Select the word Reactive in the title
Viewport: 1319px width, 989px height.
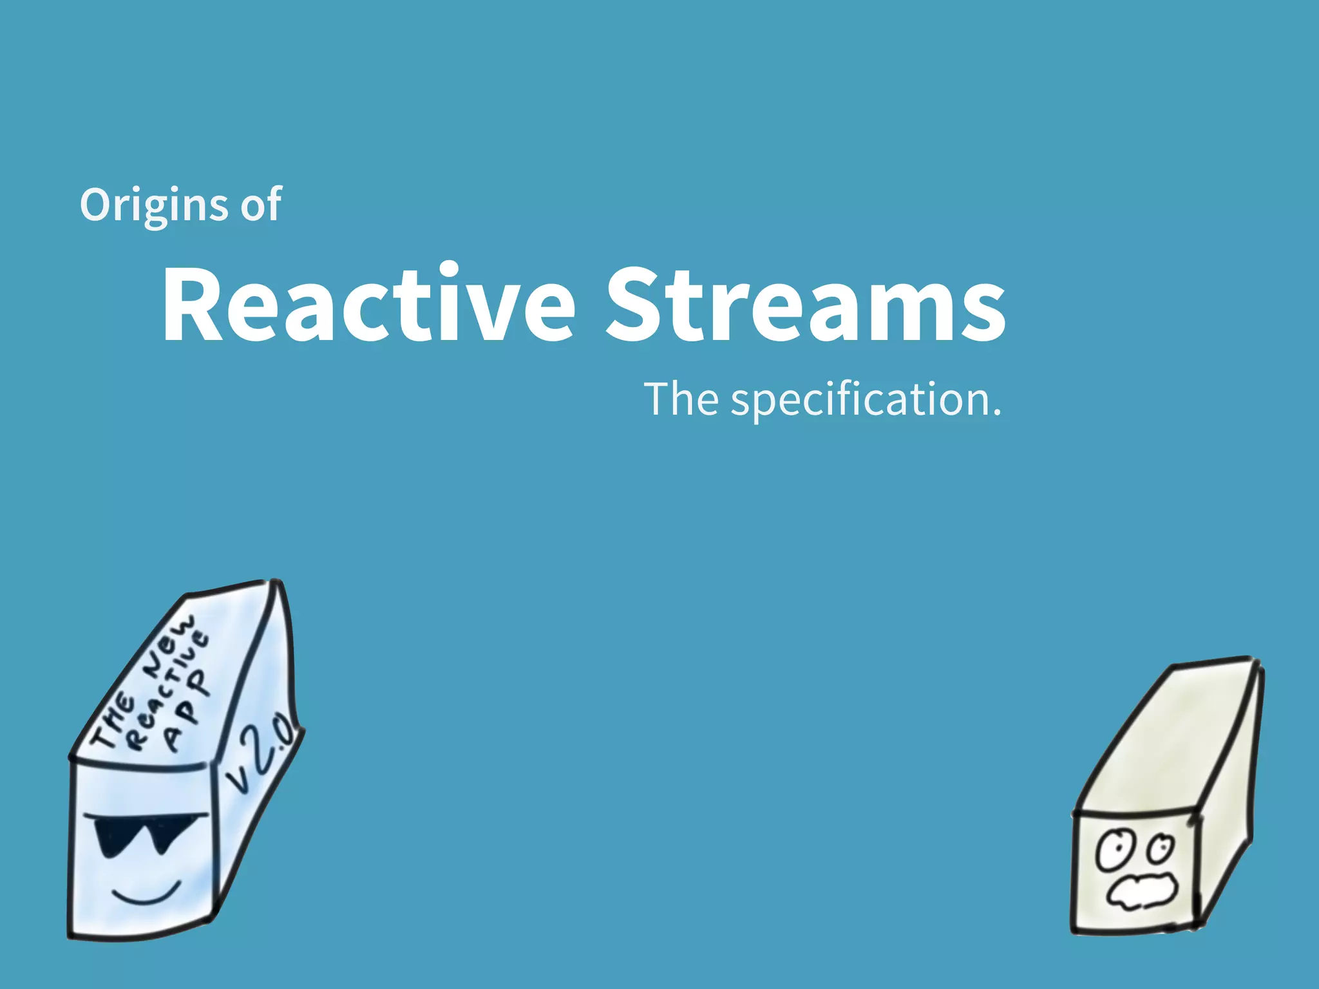(367, 303)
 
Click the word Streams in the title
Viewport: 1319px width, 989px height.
(805, 303)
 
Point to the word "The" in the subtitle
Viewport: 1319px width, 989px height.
(681, 399)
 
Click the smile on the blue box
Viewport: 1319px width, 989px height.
(147, 895)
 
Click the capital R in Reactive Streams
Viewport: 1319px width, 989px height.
(193, 303)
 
